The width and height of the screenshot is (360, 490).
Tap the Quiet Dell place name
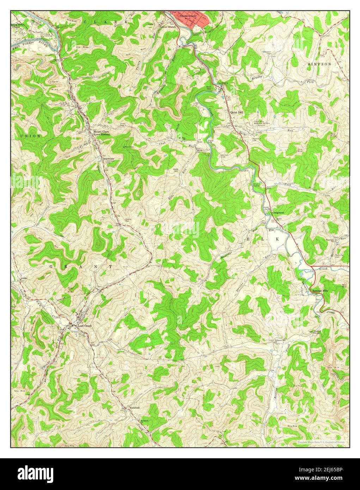click(x=237, y=112)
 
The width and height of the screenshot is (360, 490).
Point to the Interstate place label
click(x=109, y=159)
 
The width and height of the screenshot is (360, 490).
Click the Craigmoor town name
click(x=278, y=213)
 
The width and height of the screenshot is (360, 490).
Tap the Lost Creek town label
click(x=85, y=326)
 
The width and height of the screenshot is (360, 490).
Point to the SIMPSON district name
click(x=319, y=64)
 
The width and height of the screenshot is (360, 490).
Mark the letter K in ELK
click(x=277, y=239)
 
